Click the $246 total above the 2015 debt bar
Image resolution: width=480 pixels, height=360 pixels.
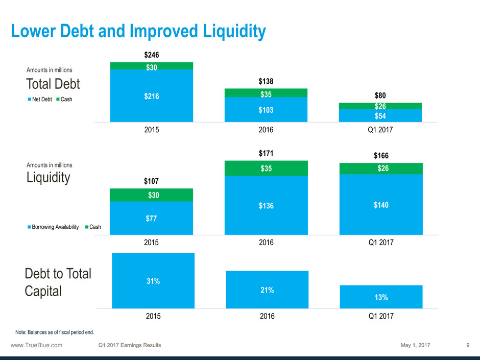point(152,55)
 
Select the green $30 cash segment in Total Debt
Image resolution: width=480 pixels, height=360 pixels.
point(152,66)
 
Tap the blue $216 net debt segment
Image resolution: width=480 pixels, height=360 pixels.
point(152,95)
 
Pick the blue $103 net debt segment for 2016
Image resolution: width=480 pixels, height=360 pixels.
point(266,109)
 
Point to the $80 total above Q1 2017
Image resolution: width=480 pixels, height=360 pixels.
point(380,95)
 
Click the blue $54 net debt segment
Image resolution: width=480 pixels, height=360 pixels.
point(380,115)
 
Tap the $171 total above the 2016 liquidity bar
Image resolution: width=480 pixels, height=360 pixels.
point(266,153)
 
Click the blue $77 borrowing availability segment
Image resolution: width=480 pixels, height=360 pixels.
point(152,219)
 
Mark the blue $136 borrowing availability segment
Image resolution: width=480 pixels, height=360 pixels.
point(266,206)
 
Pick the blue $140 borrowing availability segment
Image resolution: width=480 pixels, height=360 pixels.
point(380,205)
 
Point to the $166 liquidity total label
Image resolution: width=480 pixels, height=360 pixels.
point(380,155)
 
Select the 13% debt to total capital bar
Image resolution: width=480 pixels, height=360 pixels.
point(381,297)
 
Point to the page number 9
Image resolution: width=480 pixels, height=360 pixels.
point(468,345)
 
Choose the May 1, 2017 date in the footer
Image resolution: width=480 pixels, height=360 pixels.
point(416,345)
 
